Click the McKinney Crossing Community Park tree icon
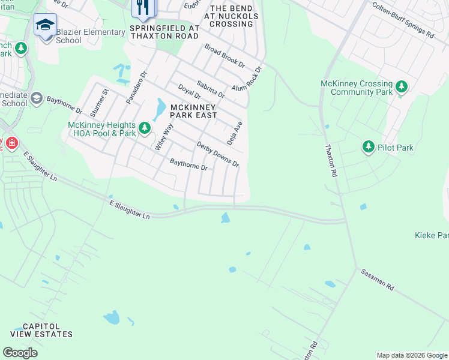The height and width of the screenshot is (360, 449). pos(402,87)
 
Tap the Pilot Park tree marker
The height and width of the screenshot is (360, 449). pos(369,147)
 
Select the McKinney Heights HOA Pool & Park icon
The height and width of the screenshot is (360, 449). pos(144,127)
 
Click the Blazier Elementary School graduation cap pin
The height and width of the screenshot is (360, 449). pos(45,26)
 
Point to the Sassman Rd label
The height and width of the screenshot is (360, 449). pos(377,280)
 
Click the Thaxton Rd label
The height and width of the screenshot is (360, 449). pos(331,160)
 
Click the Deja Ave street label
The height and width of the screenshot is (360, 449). pos(234,133)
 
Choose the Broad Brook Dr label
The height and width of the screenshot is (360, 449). pos(224,55)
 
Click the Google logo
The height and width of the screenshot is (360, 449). pos(20,353)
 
